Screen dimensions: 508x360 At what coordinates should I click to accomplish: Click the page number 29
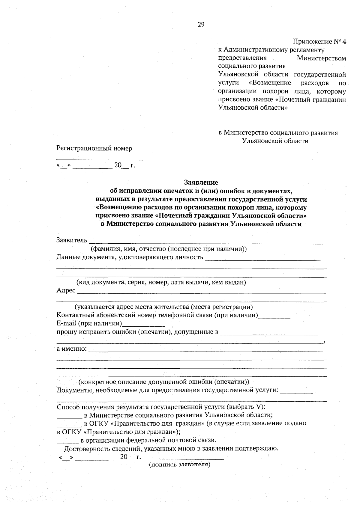201,25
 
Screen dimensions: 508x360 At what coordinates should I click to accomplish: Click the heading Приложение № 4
319,42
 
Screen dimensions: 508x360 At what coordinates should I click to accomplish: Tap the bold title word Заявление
201,182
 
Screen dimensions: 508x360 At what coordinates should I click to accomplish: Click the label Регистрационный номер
94,148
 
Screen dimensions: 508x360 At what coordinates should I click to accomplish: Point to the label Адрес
66,290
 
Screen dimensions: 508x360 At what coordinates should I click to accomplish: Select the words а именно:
72,349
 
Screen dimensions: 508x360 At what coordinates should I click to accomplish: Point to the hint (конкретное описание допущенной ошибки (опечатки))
164,382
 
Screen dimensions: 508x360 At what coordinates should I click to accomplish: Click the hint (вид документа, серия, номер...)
161,282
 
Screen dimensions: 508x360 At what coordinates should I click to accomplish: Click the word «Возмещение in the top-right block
270,83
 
